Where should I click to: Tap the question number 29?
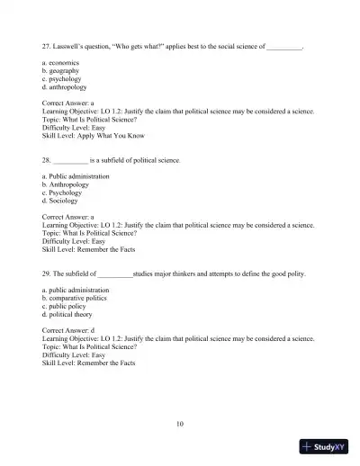click(47, 273)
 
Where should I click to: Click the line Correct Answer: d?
click(68, 332)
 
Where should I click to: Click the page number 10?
click(180, 422)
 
